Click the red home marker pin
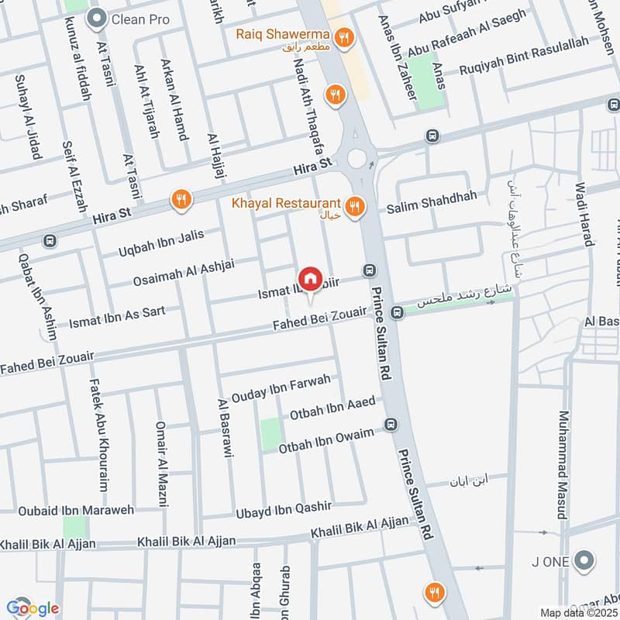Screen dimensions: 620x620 point(331,277)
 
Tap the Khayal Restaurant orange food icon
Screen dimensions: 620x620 point(354,206)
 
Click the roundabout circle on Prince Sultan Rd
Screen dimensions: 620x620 point(357,159)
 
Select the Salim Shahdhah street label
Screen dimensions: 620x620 point(425,205)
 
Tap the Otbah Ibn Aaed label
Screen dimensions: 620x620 point(332,407)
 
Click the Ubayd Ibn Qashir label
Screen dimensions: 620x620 point(284,510)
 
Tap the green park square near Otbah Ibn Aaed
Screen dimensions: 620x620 point(270,434)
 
